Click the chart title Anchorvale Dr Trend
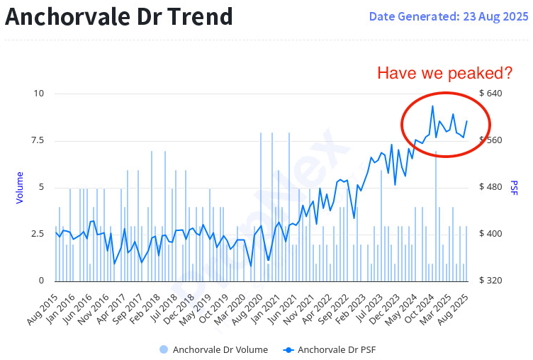(x=119, y=16)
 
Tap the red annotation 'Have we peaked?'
(x=444, y=73)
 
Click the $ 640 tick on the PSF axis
(x=490, y=94)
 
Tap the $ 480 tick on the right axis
(x=490, y=187)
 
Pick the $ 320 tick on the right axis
(x=490, y=281)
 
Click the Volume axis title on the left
(x=20, y=188)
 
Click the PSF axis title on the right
(x=514, y=188)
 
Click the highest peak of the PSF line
(x=432, y=106)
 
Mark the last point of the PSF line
(x=466, y=121)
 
